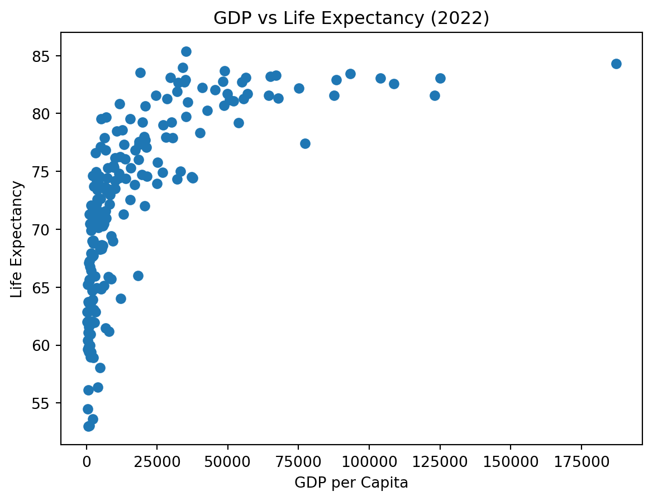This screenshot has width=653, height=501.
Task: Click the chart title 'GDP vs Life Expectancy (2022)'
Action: pos(351,18)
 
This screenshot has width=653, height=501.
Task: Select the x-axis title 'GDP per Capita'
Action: pos(351,483)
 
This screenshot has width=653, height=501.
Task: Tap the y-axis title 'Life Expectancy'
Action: pos(17,239)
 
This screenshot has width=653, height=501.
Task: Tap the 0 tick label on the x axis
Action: pos(87,464)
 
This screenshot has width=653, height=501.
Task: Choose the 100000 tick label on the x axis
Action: pos(369,464)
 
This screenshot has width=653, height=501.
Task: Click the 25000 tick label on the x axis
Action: pos(157,464)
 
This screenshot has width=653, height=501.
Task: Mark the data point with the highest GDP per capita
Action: pos(616,64)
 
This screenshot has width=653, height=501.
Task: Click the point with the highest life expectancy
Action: pos(186,51)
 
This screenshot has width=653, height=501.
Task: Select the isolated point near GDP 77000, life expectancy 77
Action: pos(305,143)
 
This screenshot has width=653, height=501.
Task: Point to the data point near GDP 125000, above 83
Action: pos(440,78)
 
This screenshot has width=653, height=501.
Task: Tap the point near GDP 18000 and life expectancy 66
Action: pos(138,276)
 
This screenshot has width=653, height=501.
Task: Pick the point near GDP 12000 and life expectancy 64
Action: pos(121,298)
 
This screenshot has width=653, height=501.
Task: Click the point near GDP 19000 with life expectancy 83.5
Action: pos(140,73)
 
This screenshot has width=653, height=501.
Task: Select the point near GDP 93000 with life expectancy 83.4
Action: pos(350,74)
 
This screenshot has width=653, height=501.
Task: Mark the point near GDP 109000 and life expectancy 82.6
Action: pos(394,84)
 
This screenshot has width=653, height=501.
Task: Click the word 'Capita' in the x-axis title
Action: pos(388,483)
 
